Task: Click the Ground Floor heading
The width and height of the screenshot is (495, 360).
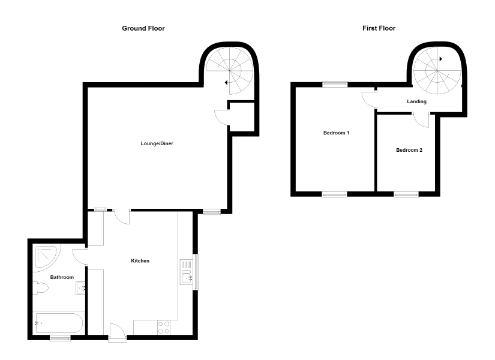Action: click(x=143, y=28)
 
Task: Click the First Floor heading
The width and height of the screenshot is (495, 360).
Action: click(x=379, y=28)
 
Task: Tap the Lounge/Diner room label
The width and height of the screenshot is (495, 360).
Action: click(x=157, y=143)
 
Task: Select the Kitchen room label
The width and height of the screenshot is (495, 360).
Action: click(x=140, y=261)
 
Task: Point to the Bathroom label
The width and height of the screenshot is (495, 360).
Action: click(x=62, y=277)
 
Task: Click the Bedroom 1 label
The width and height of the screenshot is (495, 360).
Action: click(x=336, y=133)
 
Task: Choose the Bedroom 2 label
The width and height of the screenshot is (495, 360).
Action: click(x=409, y=150)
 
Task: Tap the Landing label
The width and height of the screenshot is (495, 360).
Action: click(x=417, y=101)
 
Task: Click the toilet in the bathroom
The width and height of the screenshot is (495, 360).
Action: click(x=40, y=288)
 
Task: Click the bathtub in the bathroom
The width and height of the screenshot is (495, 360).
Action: click(x=59, y=323)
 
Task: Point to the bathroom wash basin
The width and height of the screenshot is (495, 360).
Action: click(x=80, y=288)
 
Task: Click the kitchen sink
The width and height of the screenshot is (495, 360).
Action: click(x=187, y=272)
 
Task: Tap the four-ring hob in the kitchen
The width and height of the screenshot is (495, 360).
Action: click(x=164, y=328)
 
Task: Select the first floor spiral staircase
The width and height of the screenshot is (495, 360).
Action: click(x=437, y=71)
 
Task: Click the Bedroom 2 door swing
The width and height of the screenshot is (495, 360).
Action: click(x=421, y=120)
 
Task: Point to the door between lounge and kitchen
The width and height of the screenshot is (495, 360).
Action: click(x=122, y=217)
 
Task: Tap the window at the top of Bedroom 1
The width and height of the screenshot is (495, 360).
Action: click(x=335, y=84)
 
